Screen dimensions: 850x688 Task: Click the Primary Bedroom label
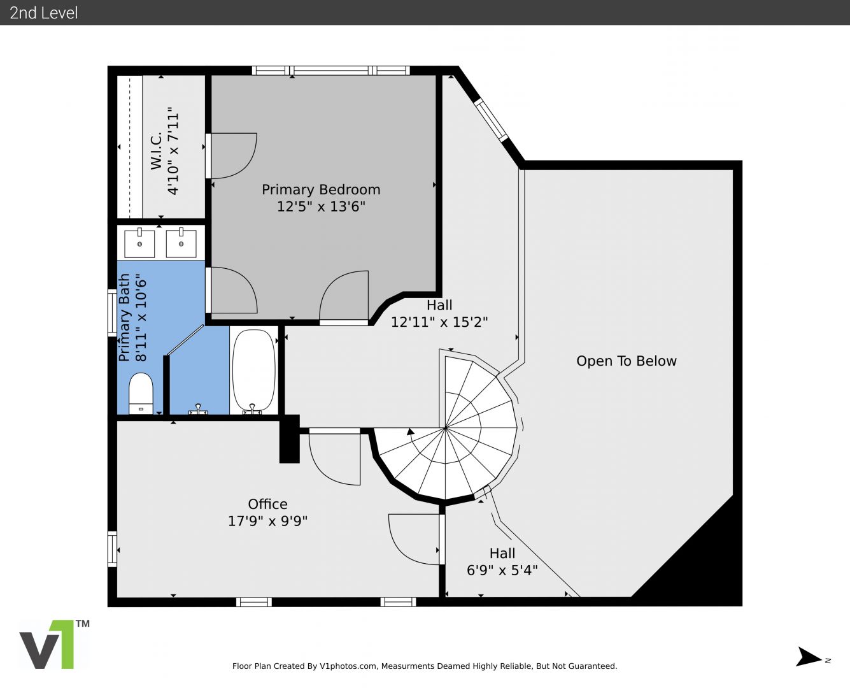[321, 189]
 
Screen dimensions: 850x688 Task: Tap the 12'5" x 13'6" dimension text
[321, 206]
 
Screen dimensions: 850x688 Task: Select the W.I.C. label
[156, 150]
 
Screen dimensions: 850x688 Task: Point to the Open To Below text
[626, 361]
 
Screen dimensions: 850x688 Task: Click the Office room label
[267, 504]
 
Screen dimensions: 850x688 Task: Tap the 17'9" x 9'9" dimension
[267, 521]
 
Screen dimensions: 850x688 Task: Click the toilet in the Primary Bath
[141, 394]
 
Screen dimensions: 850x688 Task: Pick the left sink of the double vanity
[139, 243]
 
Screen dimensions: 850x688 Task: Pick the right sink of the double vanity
[181, 243]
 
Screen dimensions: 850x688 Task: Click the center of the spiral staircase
[445, 428]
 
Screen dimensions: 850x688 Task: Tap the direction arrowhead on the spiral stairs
[410, 431]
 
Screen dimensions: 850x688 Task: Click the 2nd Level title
[43, 13]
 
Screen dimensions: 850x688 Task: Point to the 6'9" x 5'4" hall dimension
[502, 570]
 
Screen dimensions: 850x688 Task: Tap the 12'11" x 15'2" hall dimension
[439, 322]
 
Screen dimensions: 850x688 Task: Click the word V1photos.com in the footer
[348, 666]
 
